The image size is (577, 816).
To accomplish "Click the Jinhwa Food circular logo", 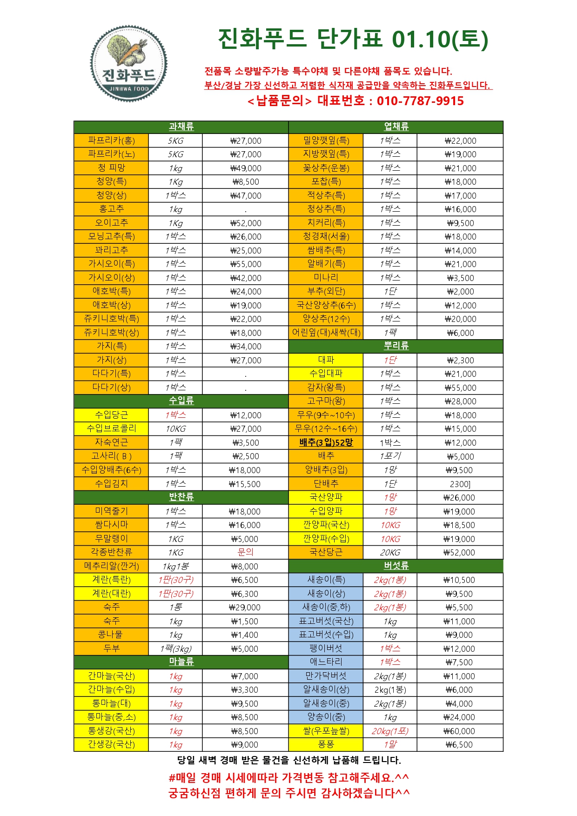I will (x=128, y=63).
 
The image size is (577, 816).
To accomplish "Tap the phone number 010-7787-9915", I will (x=420, y=101).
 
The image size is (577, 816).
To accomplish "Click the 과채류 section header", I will (x=181, y=127).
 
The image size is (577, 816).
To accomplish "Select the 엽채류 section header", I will (x=396, y=127).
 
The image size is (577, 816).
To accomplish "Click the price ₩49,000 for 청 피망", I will (x=246, y=168).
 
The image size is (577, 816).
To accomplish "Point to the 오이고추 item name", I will (x=111, y=223).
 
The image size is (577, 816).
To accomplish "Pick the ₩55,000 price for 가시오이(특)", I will (x=246, y=264).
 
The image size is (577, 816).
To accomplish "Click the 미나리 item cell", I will (x=326, y=278).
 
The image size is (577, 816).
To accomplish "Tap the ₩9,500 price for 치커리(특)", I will (x=460, y=223).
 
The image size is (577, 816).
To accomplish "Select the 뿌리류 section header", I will (x=396, y=346).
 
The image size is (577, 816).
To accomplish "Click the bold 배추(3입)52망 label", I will (x=326, y=442).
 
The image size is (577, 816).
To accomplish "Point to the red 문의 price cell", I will (x=246, y=552).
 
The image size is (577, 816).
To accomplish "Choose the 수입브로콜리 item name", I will (x=111, y=428).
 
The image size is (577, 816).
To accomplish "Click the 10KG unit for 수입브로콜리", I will (x=175, y=428).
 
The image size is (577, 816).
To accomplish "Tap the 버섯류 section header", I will (x=396, y=566).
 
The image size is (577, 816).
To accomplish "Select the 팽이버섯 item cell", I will (x=326, y=649).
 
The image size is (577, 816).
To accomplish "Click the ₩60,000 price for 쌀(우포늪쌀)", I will (x=460, y=731).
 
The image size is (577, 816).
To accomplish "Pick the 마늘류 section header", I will (x=181, y=662).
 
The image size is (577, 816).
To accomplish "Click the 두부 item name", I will (x=111, y=649).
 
